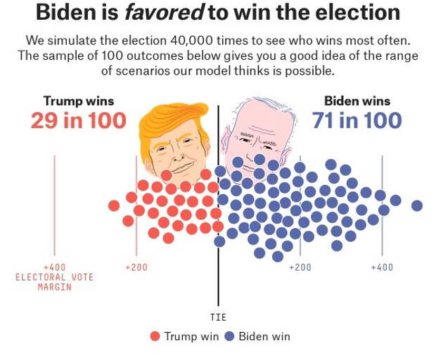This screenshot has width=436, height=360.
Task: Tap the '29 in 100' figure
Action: click(x=78, y=120)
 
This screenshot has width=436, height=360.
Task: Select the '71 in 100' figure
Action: click(x=357, y=120)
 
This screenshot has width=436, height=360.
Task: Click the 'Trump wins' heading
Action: click(x=78, y=101)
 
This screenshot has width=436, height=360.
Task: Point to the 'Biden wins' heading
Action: click(x=357, y=101)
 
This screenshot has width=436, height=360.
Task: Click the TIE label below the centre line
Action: click(x=219, y=317)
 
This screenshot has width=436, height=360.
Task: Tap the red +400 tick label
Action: click(x=54, y=267)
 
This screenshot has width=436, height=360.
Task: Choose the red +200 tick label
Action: click(x=136, y=267)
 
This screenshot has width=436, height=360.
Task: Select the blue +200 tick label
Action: click(x=300, y=267)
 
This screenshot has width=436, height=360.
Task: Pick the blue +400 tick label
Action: click(x=382, y=267)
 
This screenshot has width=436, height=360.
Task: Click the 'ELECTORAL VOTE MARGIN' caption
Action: click(x=54, y=281)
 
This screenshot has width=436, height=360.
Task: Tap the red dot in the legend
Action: click(x=155, y=336)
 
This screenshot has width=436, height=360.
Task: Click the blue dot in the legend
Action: click(x=229, y=336)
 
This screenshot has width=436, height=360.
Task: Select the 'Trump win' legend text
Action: click(x=191, y=336)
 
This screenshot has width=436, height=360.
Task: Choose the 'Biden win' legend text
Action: click(x=264, y=336)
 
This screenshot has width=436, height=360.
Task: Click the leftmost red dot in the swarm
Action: click(x=114, y=205)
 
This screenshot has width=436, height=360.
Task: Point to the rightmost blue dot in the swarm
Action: click(x=417, y=205)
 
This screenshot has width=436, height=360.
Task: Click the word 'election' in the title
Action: click(x=354, y=12)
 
